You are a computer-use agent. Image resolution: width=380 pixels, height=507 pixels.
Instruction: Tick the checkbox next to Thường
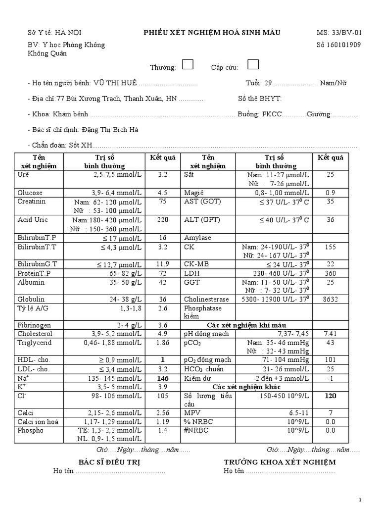point(188,64)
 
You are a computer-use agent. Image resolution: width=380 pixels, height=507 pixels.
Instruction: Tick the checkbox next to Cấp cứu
point(253,64)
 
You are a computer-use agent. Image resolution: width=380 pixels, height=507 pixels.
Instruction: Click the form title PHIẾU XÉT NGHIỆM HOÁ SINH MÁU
point(212,33)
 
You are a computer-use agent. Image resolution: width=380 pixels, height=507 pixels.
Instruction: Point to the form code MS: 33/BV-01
point(339,33)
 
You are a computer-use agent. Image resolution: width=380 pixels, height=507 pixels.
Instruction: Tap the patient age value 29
point(268,83)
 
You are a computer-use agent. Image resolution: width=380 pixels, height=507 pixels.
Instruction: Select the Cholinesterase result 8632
point(330,299)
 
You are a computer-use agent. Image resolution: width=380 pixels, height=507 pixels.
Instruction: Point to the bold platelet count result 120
point(330,396)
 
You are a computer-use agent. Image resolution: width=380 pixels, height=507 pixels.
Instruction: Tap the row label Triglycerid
point(34,343)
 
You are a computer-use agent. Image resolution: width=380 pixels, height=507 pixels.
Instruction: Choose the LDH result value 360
point(330,273)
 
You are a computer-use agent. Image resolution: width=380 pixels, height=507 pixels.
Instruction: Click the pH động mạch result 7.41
point(330,334)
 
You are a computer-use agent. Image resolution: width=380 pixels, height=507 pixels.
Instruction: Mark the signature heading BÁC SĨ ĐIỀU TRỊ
point(109,462)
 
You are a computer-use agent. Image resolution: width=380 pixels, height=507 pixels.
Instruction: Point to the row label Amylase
point(197,238)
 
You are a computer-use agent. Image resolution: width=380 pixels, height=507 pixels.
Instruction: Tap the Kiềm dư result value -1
point(330,378)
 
